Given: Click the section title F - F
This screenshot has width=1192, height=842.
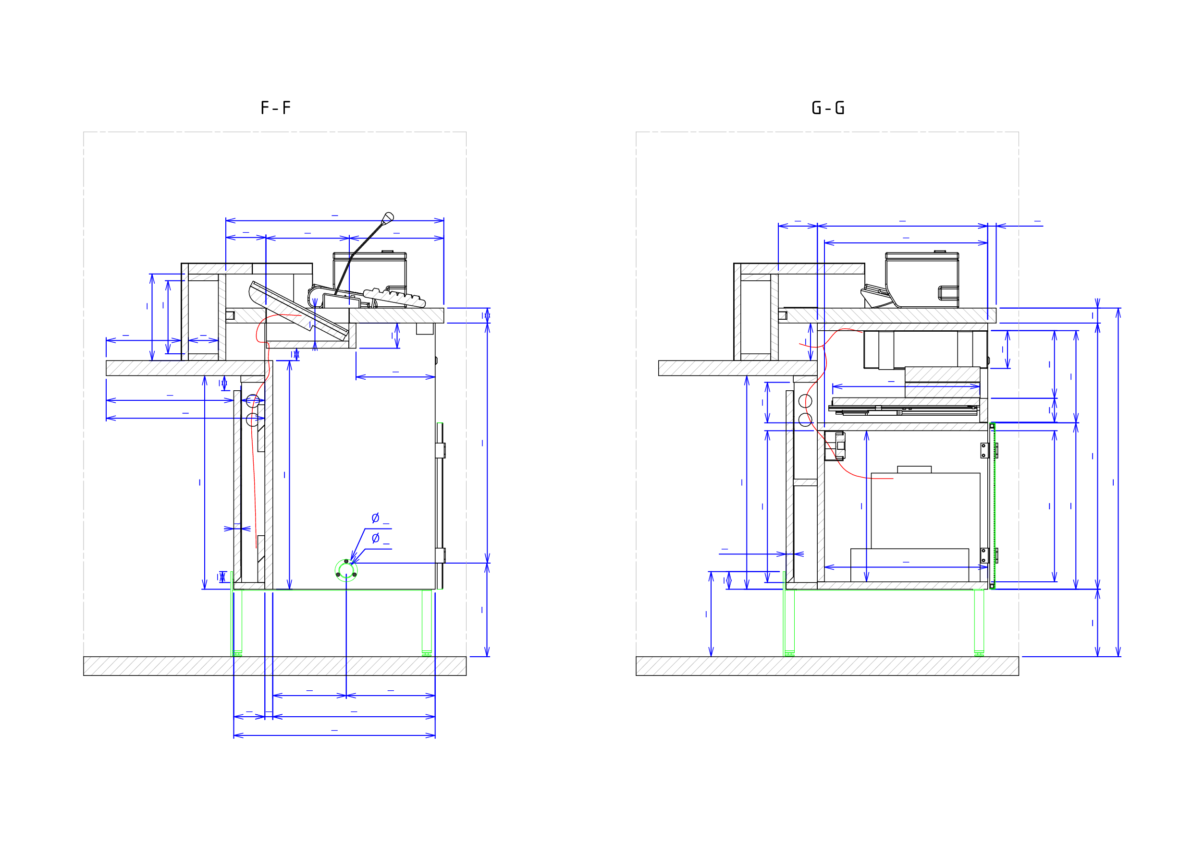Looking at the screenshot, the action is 275,108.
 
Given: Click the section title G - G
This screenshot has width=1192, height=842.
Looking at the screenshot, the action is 828,108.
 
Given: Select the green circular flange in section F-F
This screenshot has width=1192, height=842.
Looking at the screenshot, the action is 346,571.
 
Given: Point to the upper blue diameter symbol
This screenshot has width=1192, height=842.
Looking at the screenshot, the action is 375,518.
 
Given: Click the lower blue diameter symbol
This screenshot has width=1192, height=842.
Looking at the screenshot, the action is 375,538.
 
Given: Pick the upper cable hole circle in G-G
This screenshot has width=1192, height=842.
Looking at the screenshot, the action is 805,401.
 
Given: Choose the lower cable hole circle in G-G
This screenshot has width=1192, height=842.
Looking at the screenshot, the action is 805,420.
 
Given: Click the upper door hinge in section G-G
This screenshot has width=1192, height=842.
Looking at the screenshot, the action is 988,450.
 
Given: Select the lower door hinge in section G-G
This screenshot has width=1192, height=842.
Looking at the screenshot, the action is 988,555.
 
